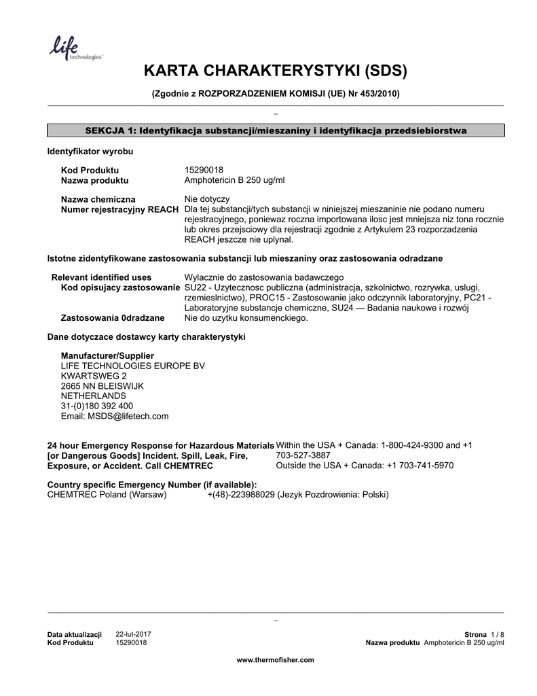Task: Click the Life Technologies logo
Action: coord(73,49)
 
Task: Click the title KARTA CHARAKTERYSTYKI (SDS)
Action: coord(275,71)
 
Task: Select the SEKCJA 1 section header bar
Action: coord(275,130)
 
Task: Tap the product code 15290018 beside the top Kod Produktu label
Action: coord(204,170)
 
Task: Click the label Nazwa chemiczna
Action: coord(98,199)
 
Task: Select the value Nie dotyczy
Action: coord(207,199)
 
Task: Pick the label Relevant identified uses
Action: coord(102,277)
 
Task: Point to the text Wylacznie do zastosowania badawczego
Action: coord(264,277)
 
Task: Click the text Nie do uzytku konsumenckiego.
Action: coord(246,317)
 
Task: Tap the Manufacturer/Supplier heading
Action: coord(107,355)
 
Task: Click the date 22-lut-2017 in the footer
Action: coord(134,634)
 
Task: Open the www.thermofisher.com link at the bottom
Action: coord(275,660)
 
